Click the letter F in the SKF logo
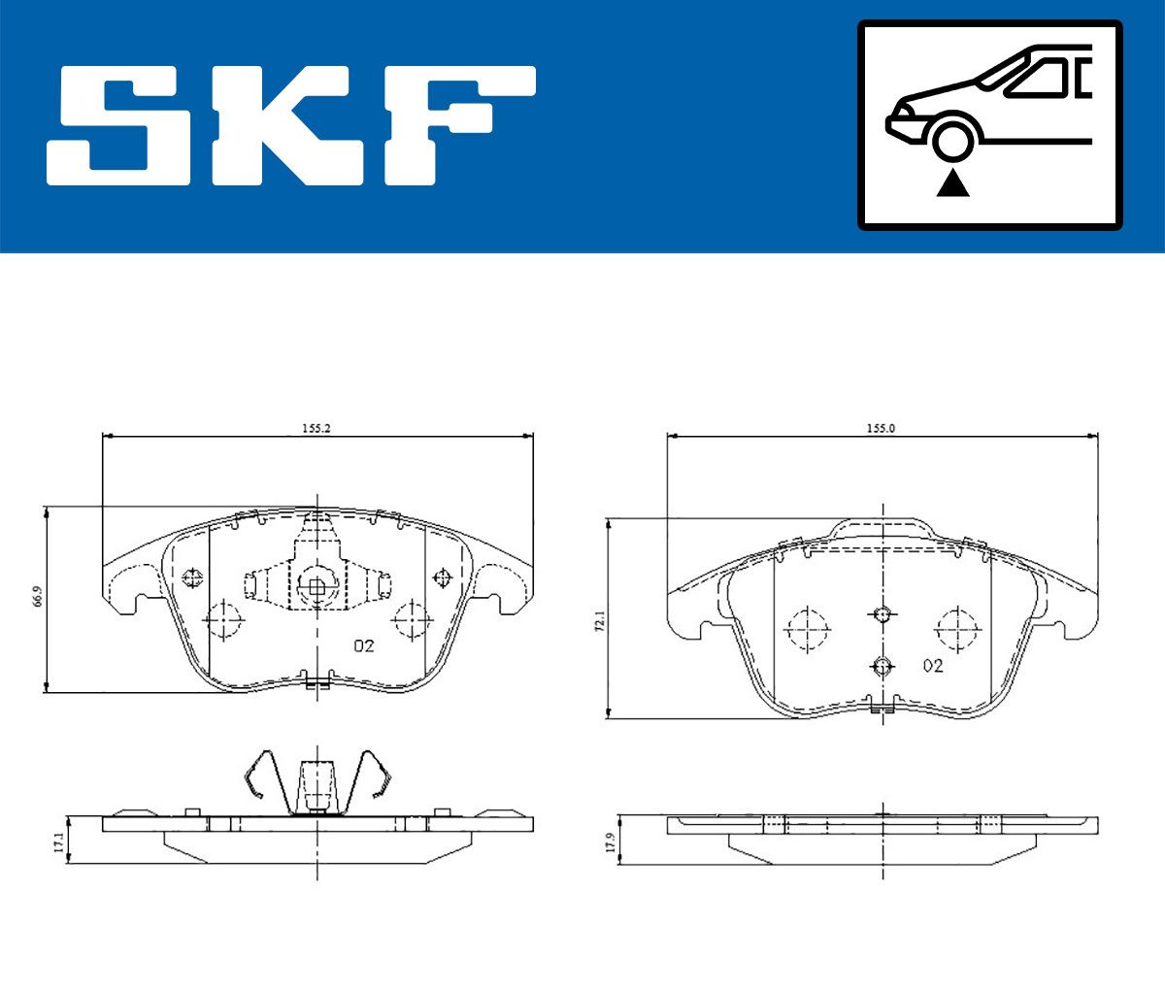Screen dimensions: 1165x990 (x=460, y=125)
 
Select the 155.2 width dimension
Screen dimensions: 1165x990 (x=316, y=428)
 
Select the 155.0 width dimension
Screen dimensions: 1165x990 (x=881, y=428)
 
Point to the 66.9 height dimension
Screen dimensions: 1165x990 (x=38, y=596)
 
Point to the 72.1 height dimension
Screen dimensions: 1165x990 (x=600, y=620)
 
